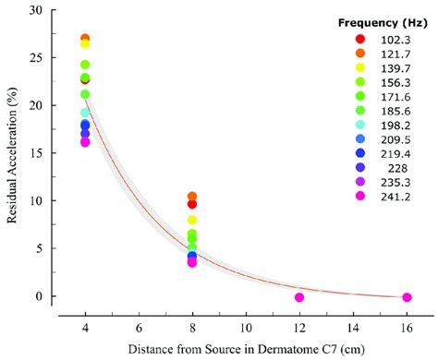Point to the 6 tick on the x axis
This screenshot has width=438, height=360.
coord(139,327)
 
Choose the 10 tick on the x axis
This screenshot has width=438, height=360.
coord(245,327)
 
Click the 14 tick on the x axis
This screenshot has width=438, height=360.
coord(353,327)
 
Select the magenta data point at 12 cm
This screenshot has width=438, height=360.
coord(299,297)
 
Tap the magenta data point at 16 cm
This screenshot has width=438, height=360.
coord(407,297)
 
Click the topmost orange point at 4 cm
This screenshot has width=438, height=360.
coord(85,39)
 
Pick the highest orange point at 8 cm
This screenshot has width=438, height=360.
coord(192,197)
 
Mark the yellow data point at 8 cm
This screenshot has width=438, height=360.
coord(192,220)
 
